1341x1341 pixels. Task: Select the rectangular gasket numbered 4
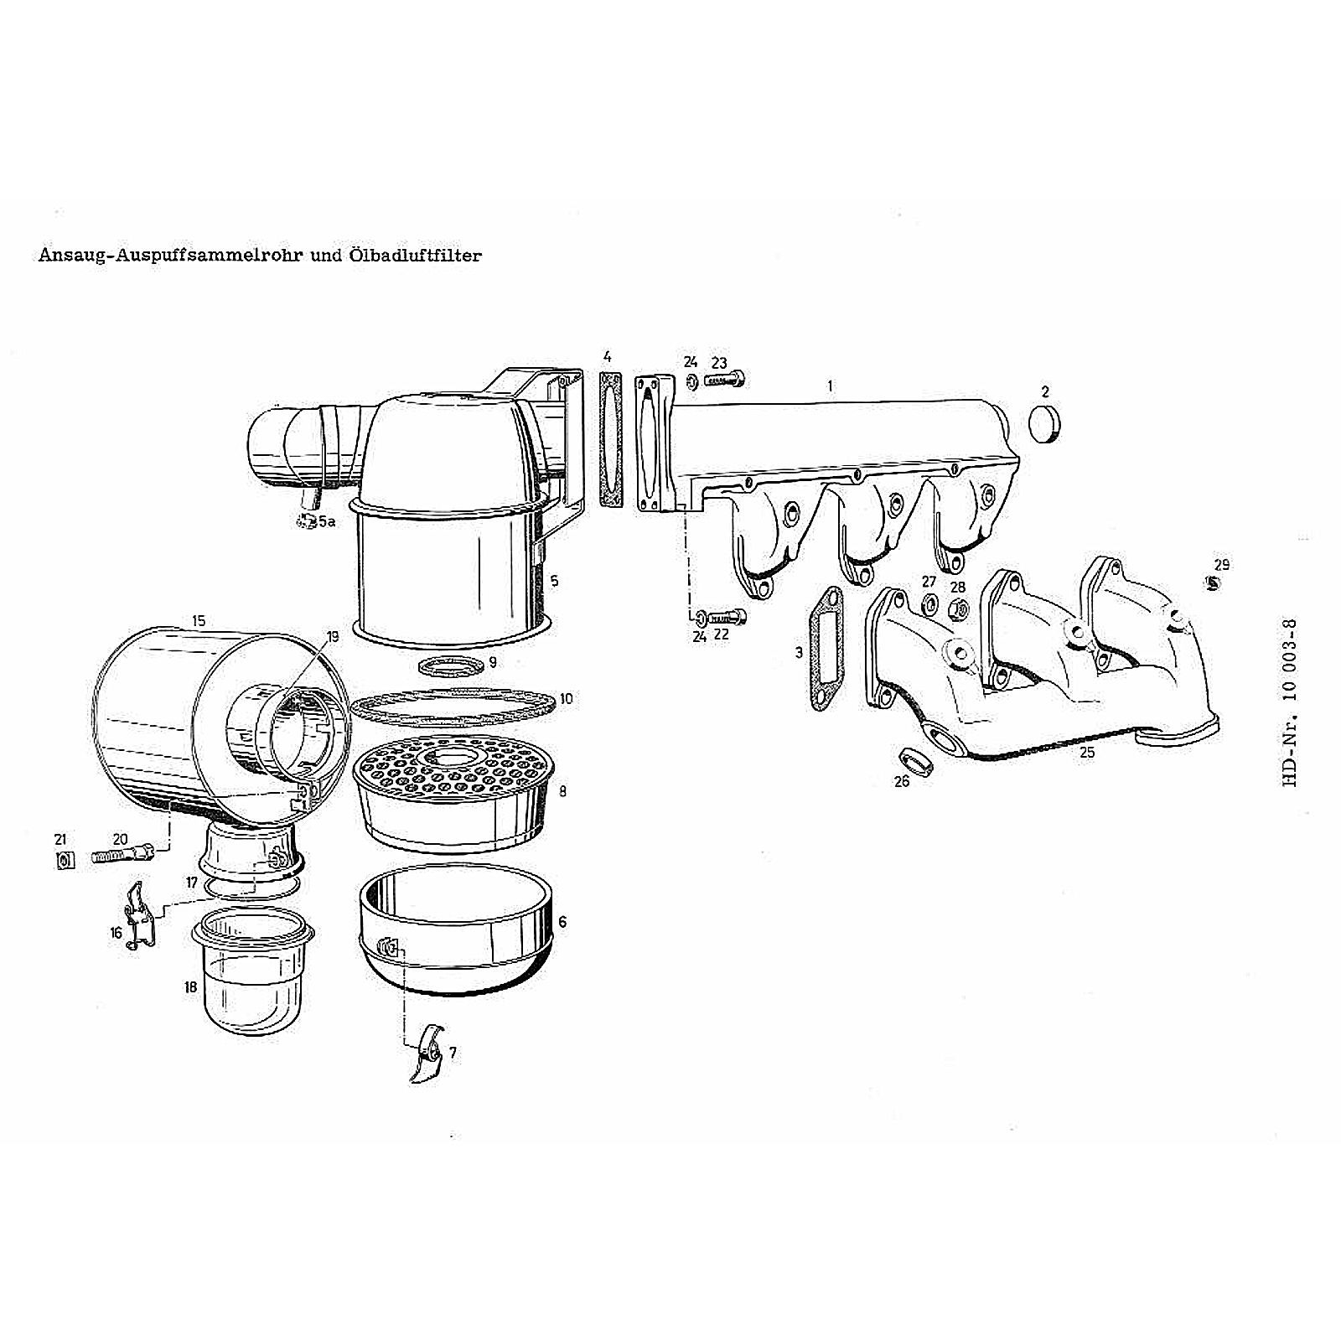(611, 441)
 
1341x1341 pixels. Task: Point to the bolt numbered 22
(727, 619)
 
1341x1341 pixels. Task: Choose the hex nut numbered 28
(960, 611)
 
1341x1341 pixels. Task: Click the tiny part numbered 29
(1213, 584)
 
